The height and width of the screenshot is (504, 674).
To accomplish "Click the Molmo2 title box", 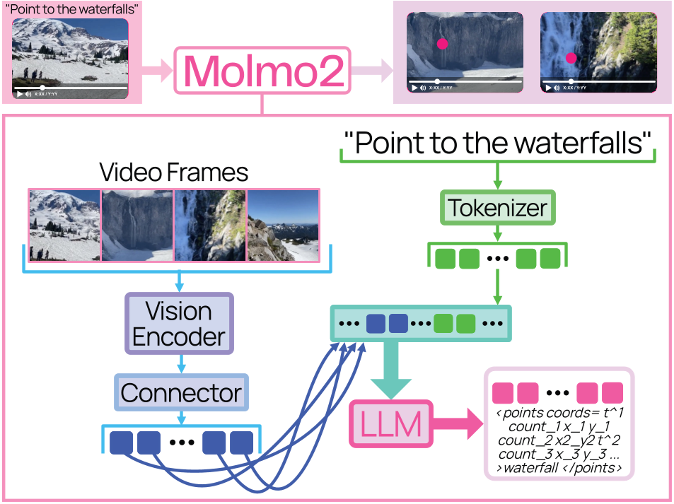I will [262, 70].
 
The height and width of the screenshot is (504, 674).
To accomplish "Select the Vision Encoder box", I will [179, 323].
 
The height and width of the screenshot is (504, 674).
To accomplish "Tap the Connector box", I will [181, 392].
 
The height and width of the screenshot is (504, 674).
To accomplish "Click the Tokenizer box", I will [496, 207].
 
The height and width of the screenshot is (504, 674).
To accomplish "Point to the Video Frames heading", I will [174, 172].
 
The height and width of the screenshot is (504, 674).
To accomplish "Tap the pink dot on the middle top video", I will [443, 44].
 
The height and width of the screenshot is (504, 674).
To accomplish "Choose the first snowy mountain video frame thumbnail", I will [64, 225].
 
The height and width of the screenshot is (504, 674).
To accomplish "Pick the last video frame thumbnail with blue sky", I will [283, 225].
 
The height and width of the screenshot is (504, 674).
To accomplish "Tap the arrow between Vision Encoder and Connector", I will [181, 361].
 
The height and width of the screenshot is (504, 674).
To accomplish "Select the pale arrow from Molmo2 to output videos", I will [371, 70].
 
